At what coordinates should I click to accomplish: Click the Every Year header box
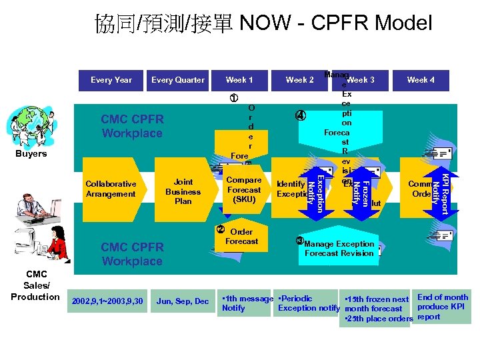pos(111,80)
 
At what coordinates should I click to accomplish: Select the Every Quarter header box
pos(178,80)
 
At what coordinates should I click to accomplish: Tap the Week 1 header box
pos(239,80)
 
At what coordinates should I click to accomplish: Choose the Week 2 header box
pos(299,80)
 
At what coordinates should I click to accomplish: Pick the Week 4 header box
pos(421,80)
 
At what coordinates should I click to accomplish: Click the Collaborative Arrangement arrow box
pos(111,189)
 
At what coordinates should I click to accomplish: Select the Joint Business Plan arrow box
pos(182,191)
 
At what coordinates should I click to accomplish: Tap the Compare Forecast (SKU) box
pos(243,189)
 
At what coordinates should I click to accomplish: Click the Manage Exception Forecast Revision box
pos(339,249)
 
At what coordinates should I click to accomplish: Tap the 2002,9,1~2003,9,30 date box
pos(107,302)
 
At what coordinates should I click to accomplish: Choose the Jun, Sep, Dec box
pos(182,302)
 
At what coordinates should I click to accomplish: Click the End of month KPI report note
pos(442,307)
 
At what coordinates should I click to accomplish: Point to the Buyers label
pos(31,154)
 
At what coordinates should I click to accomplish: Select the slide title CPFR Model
pos(264,23)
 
